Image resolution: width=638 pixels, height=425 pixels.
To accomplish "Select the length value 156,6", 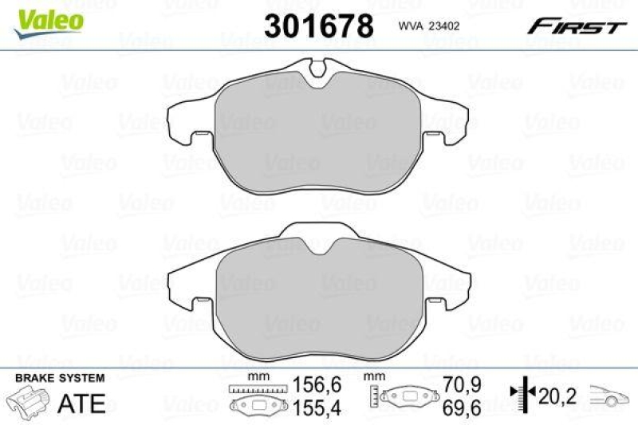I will (x=317, y=384).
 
